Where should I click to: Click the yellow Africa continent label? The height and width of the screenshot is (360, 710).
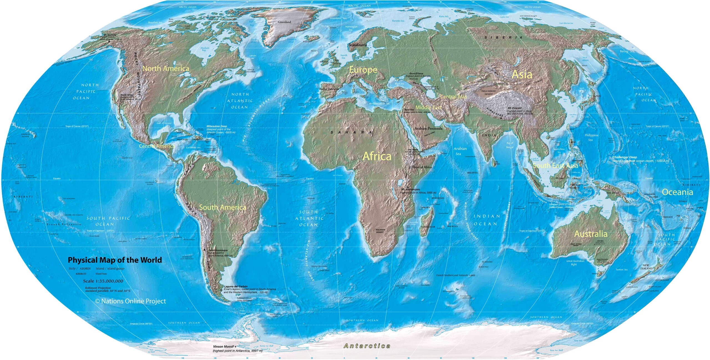(x=377, y=156)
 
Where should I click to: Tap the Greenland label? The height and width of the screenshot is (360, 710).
(x=284, y=22)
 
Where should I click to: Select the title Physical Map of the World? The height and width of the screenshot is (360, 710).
(x=115, y=260)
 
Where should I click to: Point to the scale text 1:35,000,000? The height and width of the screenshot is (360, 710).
(x=103, y=281)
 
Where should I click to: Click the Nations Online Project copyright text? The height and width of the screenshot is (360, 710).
(x=131, y=301)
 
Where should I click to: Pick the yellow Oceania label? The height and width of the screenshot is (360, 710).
(x=677, y=192)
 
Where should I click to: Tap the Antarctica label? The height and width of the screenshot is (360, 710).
(x=367, y=346)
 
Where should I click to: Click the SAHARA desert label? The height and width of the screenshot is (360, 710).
(x=351, y=132)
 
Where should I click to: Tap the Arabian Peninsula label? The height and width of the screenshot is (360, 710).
(x=428, y=128)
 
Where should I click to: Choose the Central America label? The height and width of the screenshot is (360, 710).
(x=157, y=146)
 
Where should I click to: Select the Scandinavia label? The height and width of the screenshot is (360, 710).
(x=357, y=45)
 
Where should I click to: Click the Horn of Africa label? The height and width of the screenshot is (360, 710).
(x=422, y=167)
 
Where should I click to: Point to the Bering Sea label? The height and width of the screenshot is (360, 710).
(x=627, y=51)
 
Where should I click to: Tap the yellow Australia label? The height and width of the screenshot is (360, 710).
(x=591, y=234)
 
